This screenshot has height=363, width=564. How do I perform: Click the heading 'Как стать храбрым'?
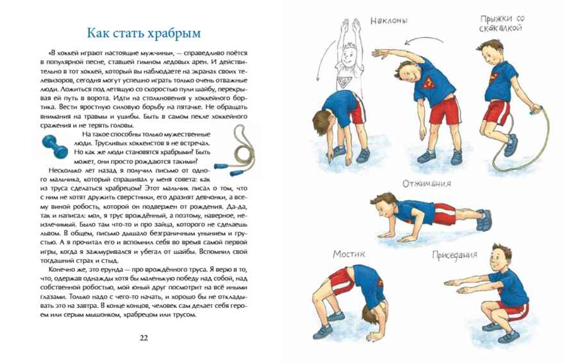click(143, 33)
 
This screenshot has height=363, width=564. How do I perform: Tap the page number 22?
click(143, 338)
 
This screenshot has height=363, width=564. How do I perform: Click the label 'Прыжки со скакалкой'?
click(502, 23)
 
